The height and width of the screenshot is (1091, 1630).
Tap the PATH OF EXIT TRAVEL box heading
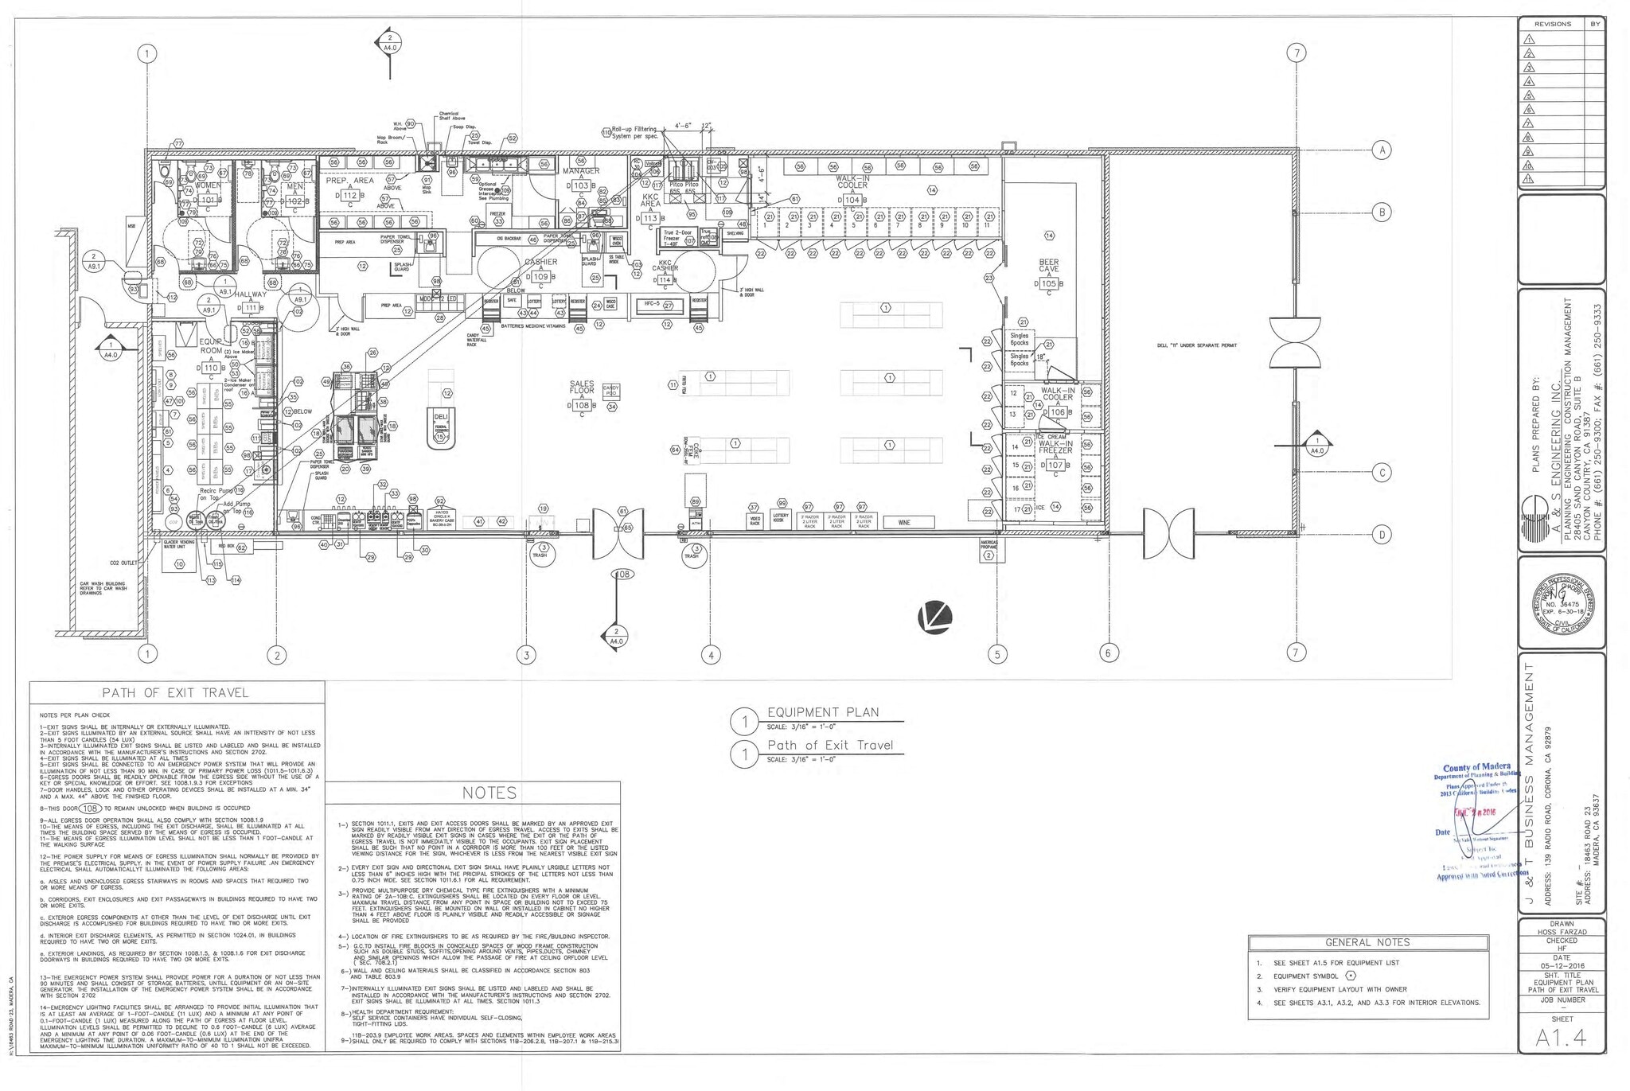coord(177,692)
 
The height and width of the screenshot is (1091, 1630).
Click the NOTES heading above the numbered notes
coord(490,793)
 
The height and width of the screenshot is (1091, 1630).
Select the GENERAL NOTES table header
coord(1367,942)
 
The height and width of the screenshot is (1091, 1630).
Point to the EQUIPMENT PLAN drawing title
coord(822,712)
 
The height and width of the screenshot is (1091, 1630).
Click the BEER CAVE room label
coord(1048,266)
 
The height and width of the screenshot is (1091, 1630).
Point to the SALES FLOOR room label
coord(582,388)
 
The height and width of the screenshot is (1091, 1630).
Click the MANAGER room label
coord(581,171)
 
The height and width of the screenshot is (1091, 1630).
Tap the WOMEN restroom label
coord(208,185)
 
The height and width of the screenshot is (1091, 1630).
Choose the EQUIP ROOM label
coord(211,346)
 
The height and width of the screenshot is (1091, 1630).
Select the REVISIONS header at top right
coord(1552,24)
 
